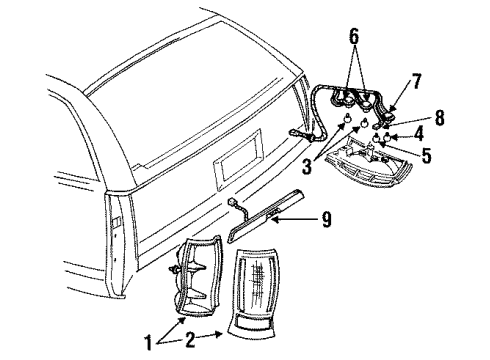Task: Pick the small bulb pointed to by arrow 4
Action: coord(397,133)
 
